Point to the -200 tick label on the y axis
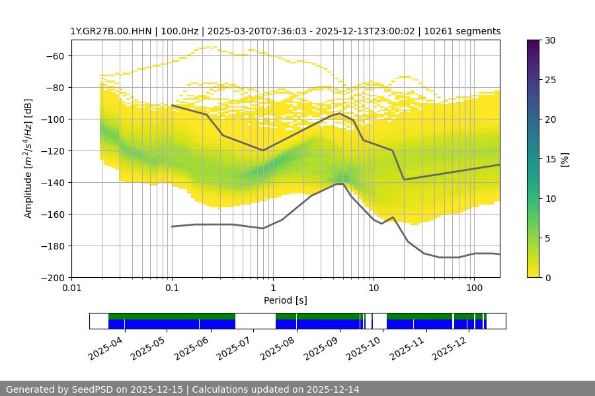click(x=54, y=278)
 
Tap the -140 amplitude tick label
click(x=54, y=183)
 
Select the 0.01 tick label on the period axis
click(x=71, y=288)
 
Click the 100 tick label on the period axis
click(x=473, y=288)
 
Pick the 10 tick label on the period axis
click(x=374, y=288)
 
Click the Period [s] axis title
click(x=286, y=301)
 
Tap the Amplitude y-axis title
click(x=28, y=158)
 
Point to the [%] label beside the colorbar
click(x=565, y=159)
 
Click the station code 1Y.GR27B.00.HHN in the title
click(x=112, y=31)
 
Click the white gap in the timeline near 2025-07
click(x=255, y=321)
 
